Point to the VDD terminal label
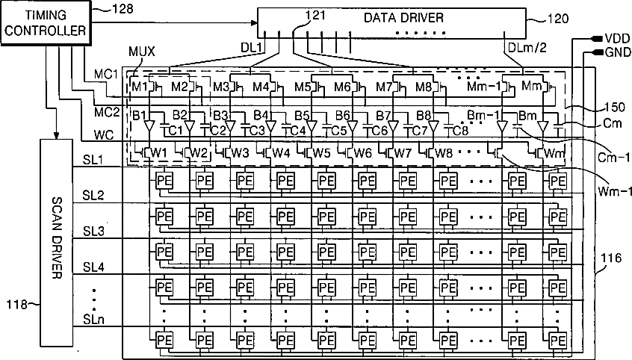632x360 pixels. click(615, 38)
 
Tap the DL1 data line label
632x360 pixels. click(250, 47)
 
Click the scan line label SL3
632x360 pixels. click(94, 232)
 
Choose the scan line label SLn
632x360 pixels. click(94, 320)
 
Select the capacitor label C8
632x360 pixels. click(461, 130)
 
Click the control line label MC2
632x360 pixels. click(106, 111)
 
